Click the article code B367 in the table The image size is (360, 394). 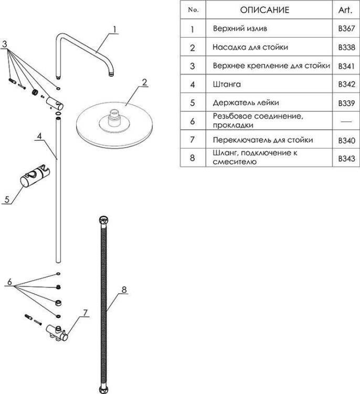click(x=346, y=28)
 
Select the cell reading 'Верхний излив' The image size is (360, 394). click(x=240, y=28)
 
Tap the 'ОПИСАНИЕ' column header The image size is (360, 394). click(x=264, y=10)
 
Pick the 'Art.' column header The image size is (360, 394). click(x=345, y=10)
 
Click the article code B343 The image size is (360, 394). click(x=346, y=159)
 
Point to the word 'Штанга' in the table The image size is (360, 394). click(x=227, y=84)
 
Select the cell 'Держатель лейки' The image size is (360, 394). click(x=246, y=103)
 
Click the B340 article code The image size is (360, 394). click(x=346, y=140)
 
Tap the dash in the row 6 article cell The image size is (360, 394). click(x=346, y=122)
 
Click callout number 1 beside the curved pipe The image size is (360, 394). click(x=115, y=29)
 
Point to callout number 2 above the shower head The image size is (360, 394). click(x=144, y=82)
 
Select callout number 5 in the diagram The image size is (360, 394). click(x=7, y=200)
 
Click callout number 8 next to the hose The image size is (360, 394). click(x=124, y=289)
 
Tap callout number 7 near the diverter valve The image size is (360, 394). click(x=86, y=313)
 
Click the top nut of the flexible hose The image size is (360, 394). click(x=103, y=220)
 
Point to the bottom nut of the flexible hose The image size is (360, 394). click(x=103, y=389)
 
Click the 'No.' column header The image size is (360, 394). click(x=193, y=10)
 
